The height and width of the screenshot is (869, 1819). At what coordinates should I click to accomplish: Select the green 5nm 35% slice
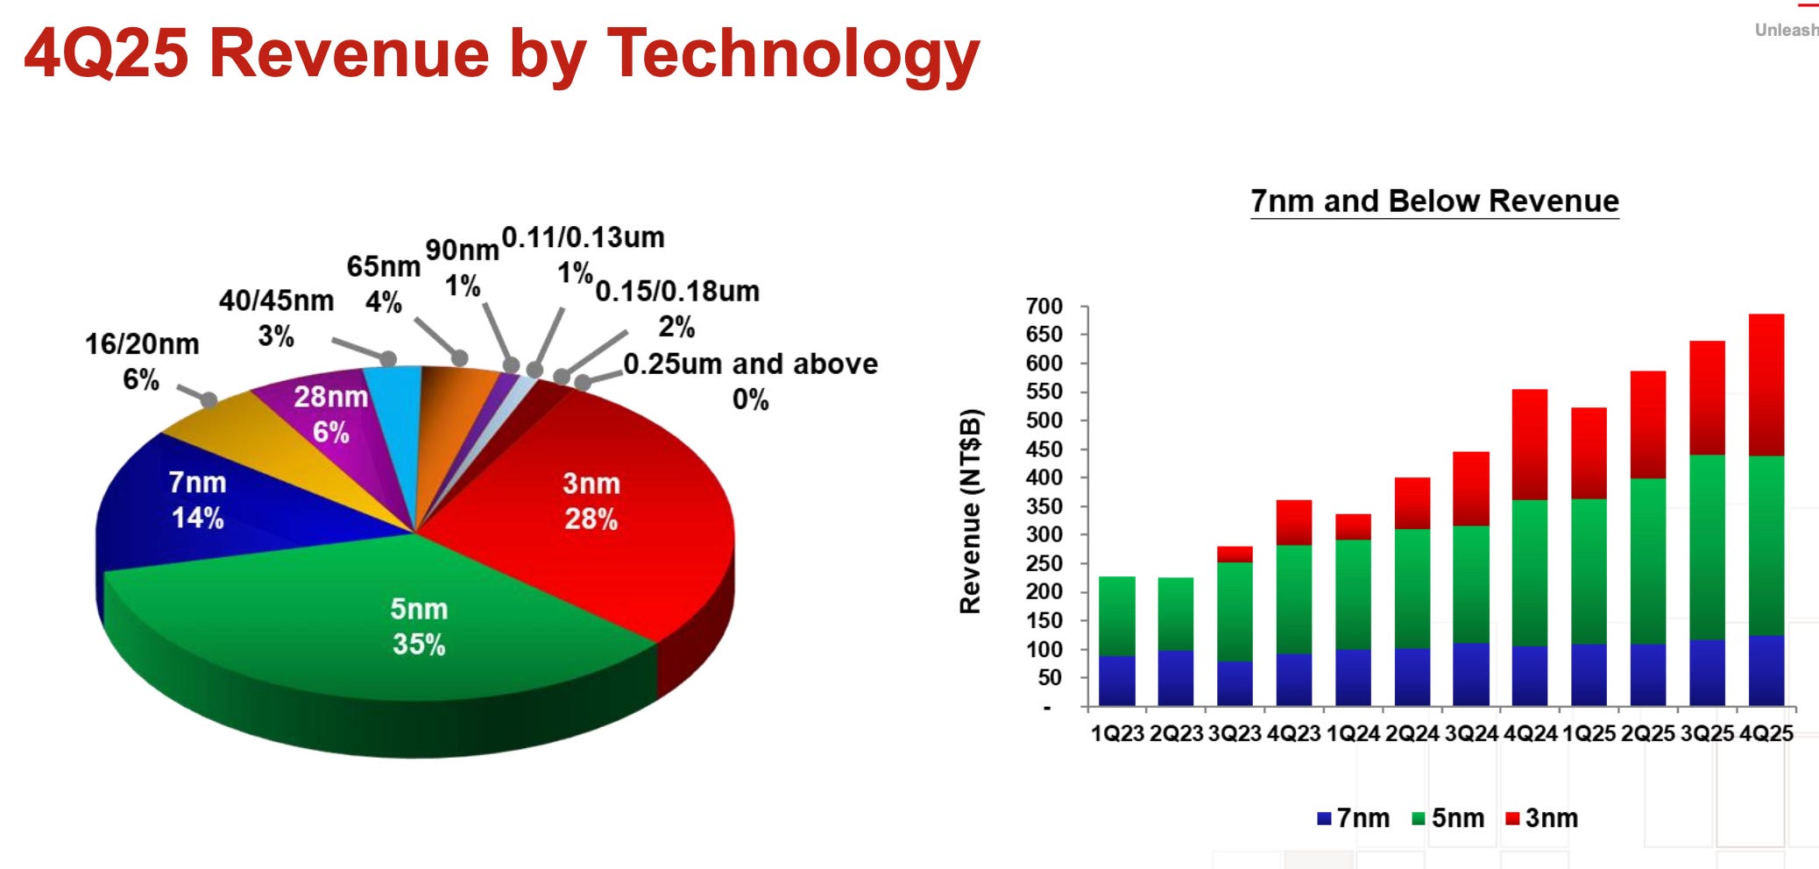419,626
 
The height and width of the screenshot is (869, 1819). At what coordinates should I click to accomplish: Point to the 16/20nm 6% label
142,361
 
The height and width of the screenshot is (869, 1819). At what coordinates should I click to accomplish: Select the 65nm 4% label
383,283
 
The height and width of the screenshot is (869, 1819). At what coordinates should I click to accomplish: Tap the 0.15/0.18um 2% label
677,307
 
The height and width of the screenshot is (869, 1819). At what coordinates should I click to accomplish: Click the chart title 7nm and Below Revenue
1434,201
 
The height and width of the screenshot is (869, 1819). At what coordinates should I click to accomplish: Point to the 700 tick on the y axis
1044,307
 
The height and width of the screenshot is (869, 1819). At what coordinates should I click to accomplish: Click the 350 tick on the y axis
1044,506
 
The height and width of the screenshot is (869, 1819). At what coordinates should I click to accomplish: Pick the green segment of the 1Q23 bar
1116,616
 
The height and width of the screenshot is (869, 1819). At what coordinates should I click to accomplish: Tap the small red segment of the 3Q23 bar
1235,554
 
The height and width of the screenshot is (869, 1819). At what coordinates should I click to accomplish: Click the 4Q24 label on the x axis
1530,733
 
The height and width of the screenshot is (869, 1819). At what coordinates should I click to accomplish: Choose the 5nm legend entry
1448,818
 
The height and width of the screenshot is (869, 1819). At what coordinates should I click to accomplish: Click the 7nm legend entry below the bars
1354,818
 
